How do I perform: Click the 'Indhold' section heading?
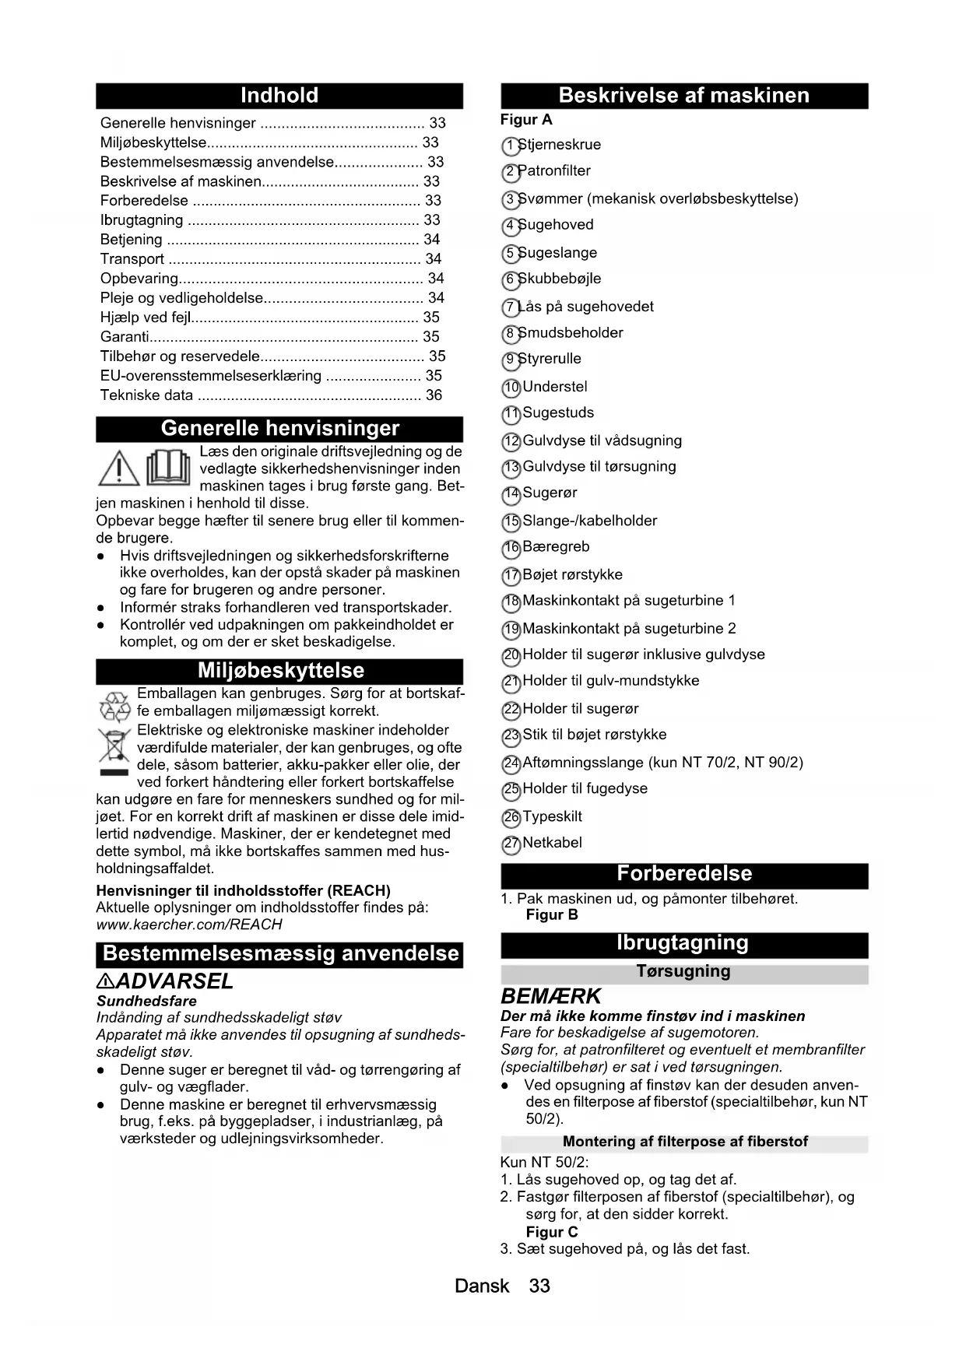279,96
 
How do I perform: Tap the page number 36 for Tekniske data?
434,395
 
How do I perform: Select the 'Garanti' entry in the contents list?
125,337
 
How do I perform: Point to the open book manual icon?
168,468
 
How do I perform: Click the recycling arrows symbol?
114,707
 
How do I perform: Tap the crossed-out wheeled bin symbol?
114,749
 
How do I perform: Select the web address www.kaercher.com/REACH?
188,925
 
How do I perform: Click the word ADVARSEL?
174,981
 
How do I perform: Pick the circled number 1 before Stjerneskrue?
510,146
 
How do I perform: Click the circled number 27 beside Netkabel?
511,844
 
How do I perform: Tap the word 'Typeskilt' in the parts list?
552,816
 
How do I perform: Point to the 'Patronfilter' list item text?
554,171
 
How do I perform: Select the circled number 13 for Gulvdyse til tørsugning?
511,468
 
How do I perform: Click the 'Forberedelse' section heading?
683,874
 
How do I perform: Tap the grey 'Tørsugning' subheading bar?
683,971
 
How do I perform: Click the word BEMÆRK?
551,996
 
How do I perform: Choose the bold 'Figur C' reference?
552,1232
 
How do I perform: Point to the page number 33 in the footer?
539,1286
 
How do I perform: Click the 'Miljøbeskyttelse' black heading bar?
279,671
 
